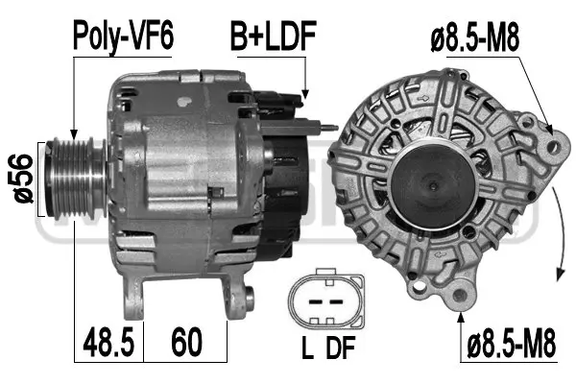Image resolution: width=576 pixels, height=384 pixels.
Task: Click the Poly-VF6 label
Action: [x=125, y=38]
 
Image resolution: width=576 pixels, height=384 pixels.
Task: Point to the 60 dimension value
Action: [x=186, y=340]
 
